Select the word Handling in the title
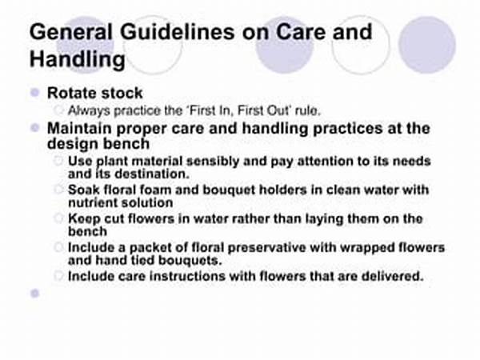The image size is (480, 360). pyautogui.click(x=78, y=60)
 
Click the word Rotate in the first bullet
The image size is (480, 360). pyautogui.click(x=71, y=93)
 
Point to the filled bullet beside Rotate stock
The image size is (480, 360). pyautogui.click(x=34, y=93)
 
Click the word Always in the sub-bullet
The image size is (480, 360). pyautogui.click(x=87, y=110)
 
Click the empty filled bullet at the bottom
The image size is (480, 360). pyautogui.click(x=34, y=294)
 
